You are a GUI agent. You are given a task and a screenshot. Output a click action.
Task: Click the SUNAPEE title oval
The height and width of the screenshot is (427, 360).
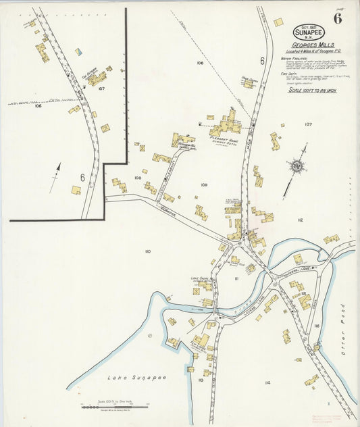pos(308,31)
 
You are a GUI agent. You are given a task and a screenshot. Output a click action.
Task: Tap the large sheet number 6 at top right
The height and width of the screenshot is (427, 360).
pos(337,18)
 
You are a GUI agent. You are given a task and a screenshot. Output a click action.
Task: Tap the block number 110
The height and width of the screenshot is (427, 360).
pos(147,251)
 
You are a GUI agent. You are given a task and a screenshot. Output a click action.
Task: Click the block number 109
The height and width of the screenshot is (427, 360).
pos(204,184)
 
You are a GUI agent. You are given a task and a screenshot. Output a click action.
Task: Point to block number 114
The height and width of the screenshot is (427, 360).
pos(267,382)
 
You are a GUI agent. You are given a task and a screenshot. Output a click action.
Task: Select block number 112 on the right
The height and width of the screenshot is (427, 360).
pos(300,220)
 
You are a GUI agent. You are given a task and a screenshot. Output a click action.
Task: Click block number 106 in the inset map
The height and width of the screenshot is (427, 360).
pos(38,106)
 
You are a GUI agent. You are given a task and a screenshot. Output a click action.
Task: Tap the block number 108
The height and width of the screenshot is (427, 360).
pos(137,178)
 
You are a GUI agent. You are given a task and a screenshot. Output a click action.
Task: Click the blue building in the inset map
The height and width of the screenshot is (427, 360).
pos(78,51)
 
